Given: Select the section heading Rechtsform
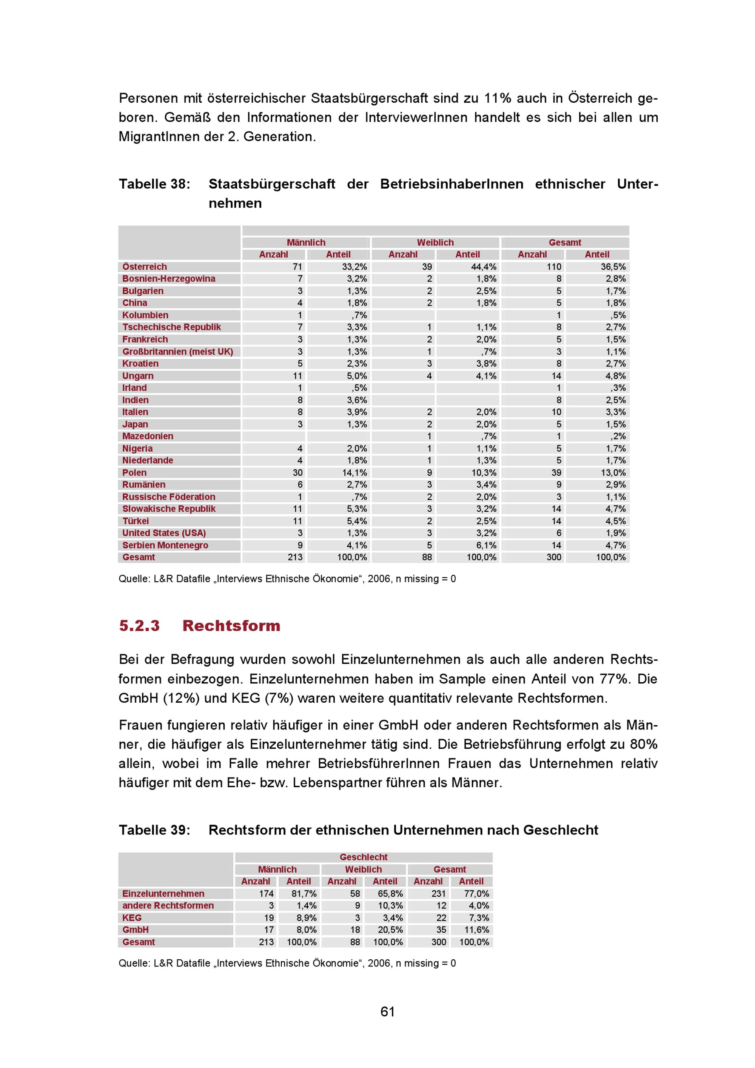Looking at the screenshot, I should click(231, 626).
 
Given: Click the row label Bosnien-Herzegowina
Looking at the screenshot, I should click(168, 279).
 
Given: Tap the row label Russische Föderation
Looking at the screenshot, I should click(168, 497).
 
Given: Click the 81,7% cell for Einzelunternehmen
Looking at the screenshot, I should click(304, 894).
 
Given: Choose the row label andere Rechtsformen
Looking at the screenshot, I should click(168, 906).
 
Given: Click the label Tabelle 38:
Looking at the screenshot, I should click(154, 184).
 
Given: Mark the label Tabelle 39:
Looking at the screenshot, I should click(154, 830).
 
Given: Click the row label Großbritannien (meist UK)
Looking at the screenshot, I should click(177, 352).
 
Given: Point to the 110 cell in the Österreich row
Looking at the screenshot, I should click(554, 266).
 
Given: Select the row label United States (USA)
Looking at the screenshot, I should click(164, 533).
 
